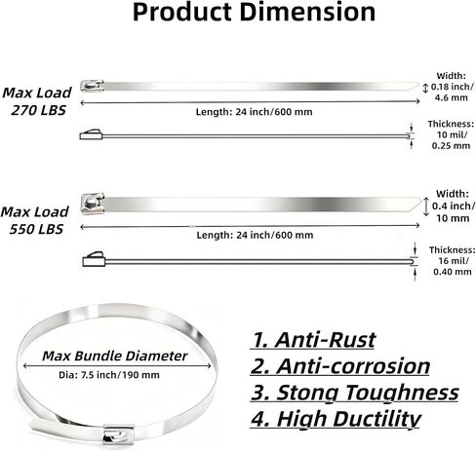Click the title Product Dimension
coord(254,12)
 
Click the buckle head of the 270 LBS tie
coord(92,86)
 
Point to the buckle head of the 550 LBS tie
coord(93,204)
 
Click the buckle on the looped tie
coord(118,433)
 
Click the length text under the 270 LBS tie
coord(254,112)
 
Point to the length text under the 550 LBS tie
coord(255,235)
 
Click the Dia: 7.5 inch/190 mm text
coord(109,375)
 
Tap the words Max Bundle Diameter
coord(115,357)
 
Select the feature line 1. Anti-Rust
coord(313,340)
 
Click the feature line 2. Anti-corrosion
coord(340,366)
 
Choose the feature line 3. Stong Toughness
coord(355,393)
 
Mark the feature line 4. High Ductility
coord(336,419)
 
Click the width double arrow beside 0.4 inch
coord(426,207)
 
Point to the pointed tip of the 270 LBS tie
coord(418,84)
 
